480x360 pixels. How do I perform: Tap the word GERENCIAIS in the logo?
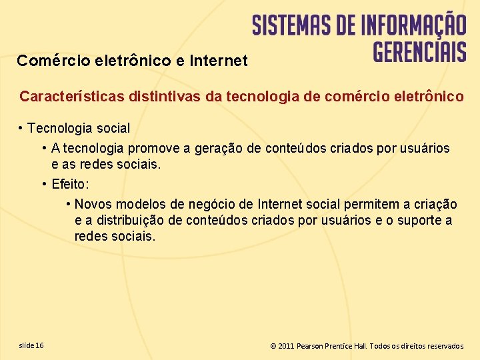tap(419, 51)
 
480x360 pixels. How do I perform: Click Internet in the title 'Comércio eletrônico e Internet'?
tap(219, 61)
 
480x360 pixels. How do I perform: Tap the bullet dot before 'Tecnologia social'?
tap(21, 127)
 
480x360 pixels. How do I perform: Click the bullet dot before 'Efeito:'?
tap(44, 184)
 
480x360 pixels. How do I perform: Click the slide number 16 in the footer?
tap(40, 345)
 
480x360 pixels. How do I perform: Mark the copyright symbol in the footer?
tap(273, 346)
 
